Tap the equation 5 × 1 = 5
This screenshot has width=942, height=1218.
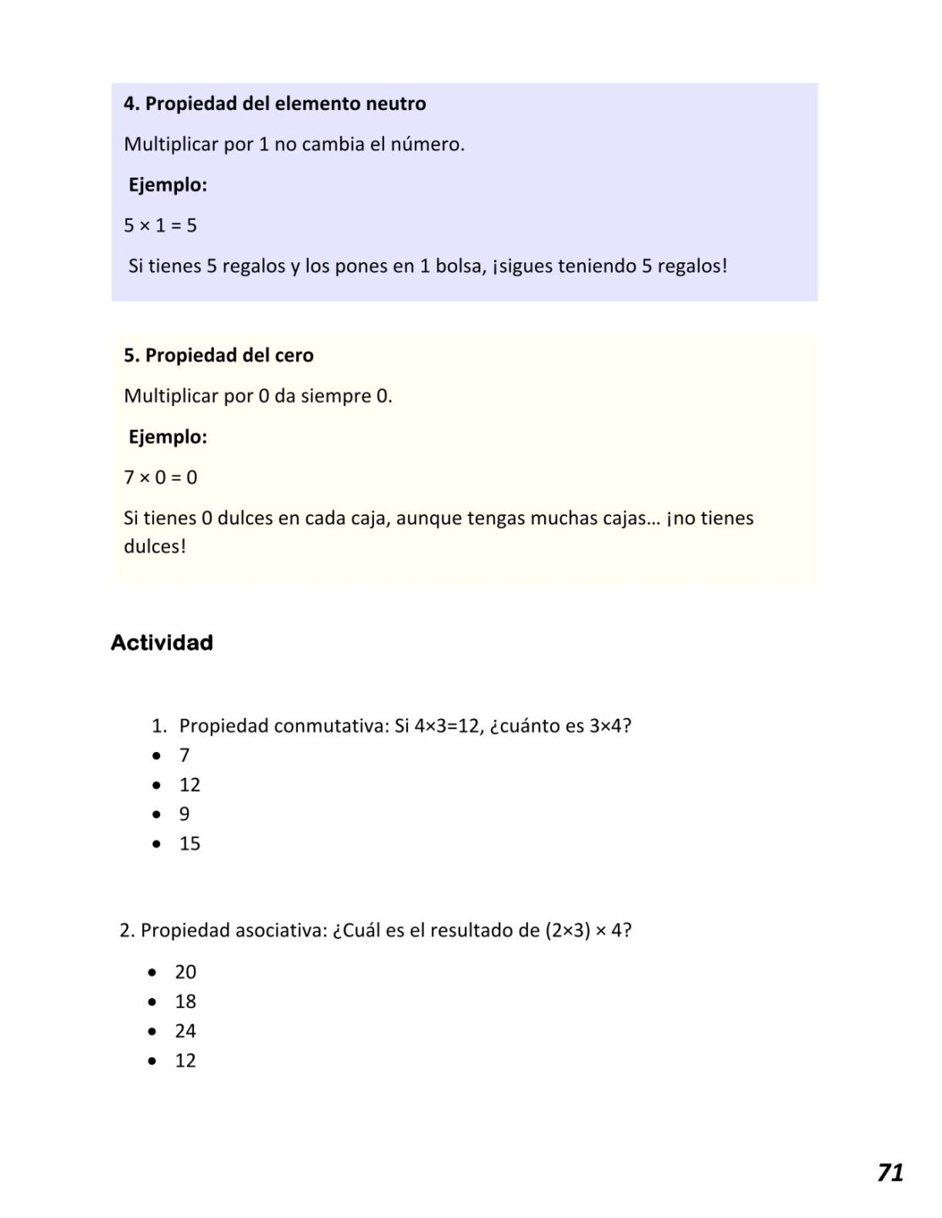click(160, 226)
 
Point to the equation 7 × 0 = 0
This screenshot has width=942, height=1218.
click(160, 478)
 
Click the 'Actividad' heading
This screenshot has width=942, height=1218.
click(162, 643)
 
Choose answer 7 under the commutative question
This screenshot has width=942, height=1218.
click(185, 755)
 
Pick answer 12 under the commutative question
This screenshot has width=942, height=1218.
click(190, 785)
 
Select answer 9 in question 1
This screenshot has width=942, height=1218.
click(185, 815)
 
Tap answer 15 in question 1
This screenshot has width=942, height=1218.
click(190, 844)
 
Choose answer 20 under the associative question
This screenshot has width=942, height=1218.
click(185, 973)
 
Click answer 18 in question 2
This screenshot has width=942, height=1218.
click(185, 1002)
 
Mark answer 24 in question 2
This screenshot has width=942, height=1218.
click(185, 1032)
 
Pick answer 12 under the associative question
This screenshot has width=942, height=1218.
click(185, 1062)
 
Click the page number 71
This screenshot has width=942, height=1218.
click(890, 1173)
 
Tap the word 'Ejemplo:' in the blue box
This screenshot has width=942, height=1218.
click(168, 185)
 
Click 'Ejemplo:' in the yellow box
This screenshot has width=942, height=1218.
click(168, 437)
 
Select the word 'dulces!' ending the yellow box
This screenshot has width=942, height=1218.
click(155, 547)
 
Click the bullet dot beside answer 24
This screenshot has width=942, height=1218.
click(152, 1032)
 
